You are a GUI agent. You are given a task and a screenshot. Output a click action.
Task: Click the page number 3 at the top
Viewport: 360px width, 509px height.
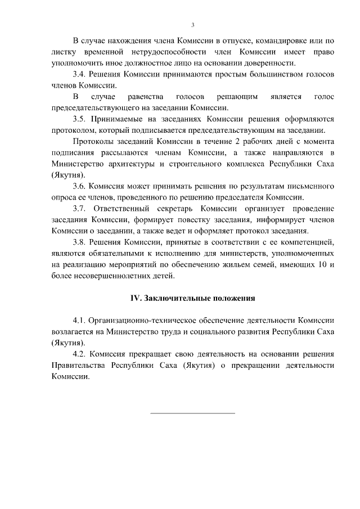192,25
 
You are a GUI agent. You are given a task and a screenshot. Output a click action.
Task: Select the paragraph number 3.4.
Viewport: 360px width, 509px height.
80,74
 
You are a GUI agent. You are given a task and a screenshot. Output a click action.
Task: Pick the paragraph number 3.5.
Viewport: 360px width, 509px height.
80,119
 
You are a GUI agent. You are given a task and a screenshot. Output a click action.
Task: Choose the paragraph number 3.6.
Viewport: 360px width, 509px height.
80,186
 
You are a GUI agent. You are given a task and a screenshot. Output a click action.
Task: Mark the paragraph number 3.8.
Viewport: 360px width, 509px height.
80,242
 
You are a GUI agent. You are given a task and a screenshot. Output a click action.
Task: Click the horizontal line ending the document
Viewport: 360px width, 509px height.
192,413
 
